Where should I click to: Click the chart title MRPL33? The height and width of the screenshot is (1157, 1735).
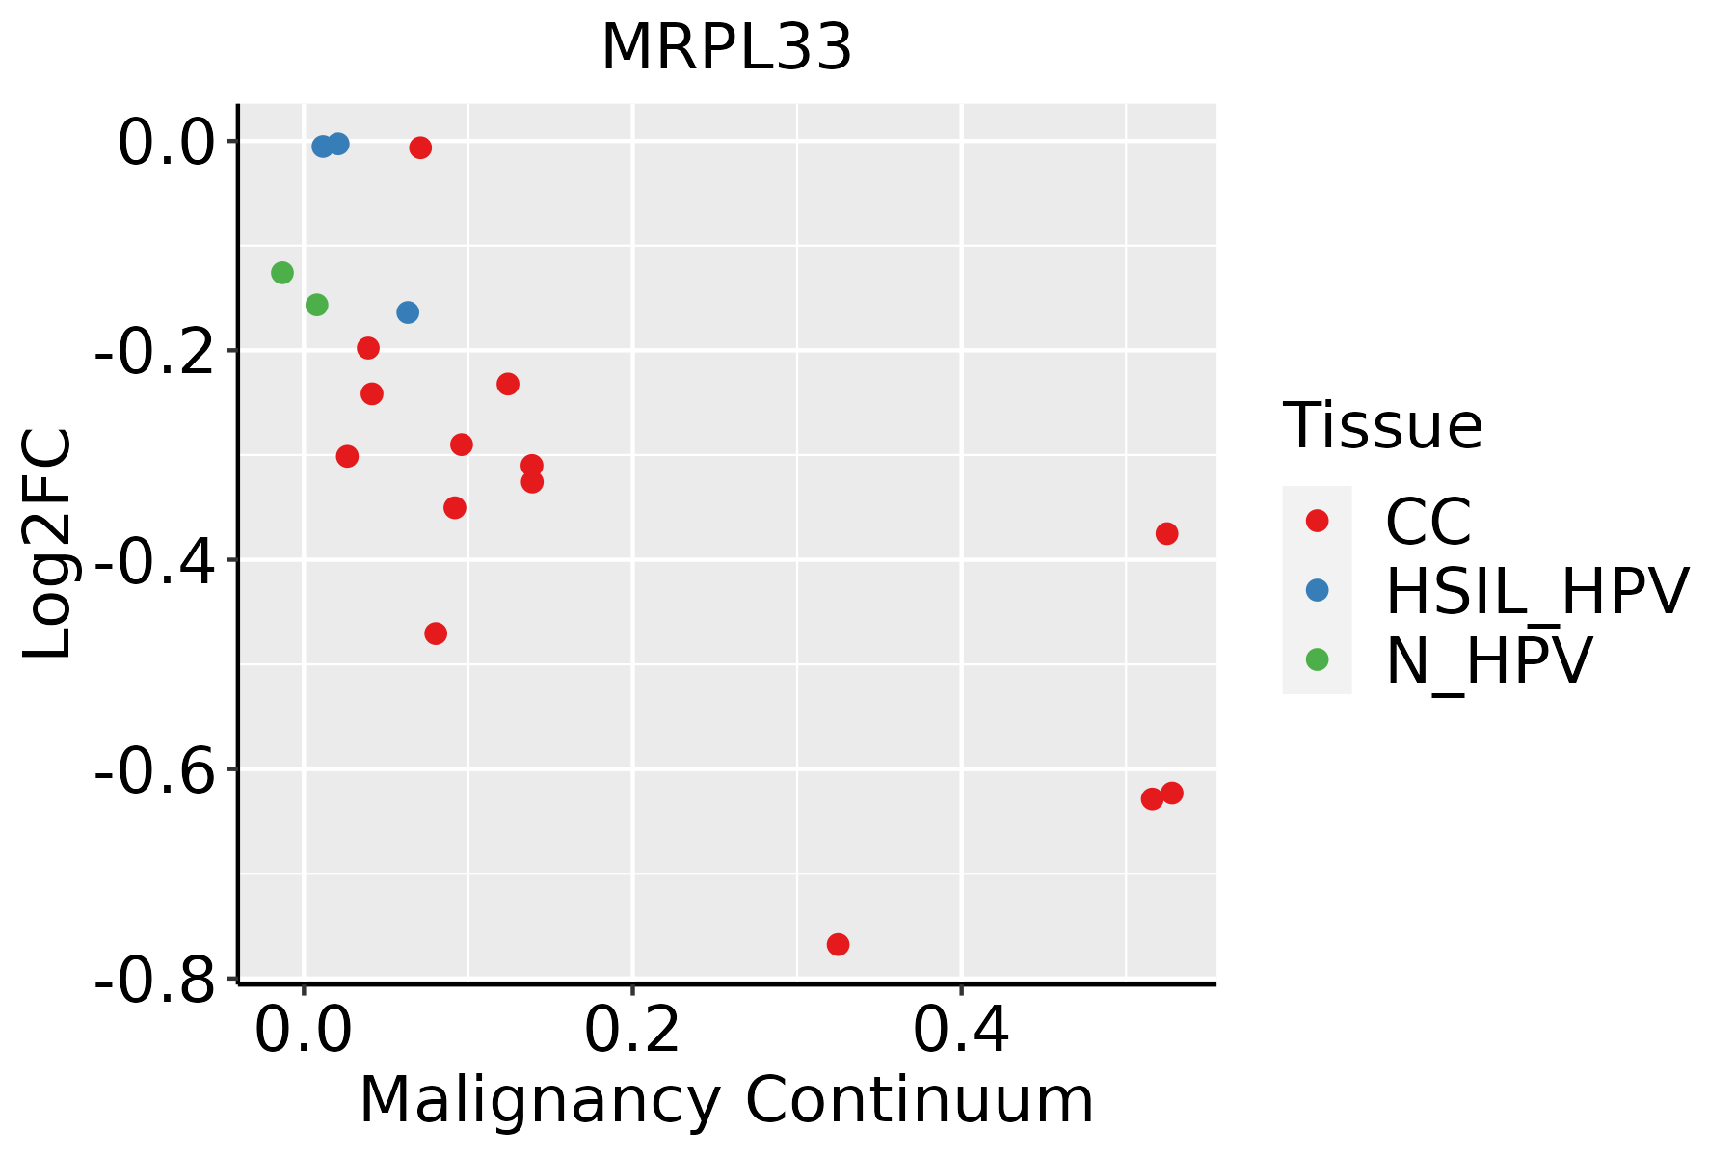coord(727,48)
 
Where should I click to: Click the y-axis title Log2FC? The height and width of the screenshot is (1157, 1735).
coord(48,543)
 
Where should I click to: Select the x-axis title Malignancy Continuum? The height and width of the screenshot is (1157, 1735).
coord(727,1100)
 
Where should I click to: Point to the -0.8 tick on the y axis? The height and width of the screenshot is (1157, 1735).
coord(154,982)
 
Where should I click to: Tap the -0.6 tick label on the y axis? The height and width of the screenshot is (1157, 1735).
coord(154,771)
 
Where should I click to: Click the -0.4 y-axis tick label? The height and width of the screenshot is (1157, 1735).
coord(154,562)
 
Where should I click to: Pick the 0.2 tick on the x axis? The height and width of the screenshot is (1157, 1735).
coord(632,1032)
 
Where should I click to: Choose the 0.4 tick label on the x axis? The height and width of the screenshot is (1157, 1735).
coord(961,1032)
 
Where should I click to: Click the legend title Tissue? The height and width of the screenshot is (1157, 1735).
coord(1382,426)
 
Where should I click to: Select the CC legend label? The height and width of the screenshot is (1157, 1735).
coord(1428,522)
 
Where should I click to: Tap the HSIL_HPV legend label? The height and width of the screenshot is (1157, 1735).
coord(1536,591)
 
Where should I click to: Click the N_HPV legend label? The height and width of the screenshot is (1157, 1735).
coord(1488,661)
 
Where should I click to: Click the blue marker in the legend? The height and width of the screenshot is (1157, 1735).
coord(1317,590)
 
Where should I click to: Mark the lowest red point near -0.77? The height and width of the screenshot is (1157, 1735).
coord(838,944)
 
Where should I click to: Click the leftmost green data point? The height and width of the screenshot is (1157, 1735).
coord(282,273)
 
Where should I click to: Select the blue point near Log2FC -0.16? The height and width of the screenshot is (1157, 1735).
coord(408,312)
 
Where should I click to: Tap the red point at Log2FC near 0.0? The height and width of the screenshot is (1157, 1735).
coord(420,148)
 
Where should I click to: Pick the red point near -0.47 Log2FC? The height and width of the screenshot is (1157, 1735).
coord(436,633)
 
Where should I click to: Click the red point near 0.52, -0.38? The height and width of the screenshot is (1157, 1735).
coord(1166,533)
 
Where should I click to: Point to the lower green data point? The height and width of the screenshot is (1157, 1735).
coord(316,305)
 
